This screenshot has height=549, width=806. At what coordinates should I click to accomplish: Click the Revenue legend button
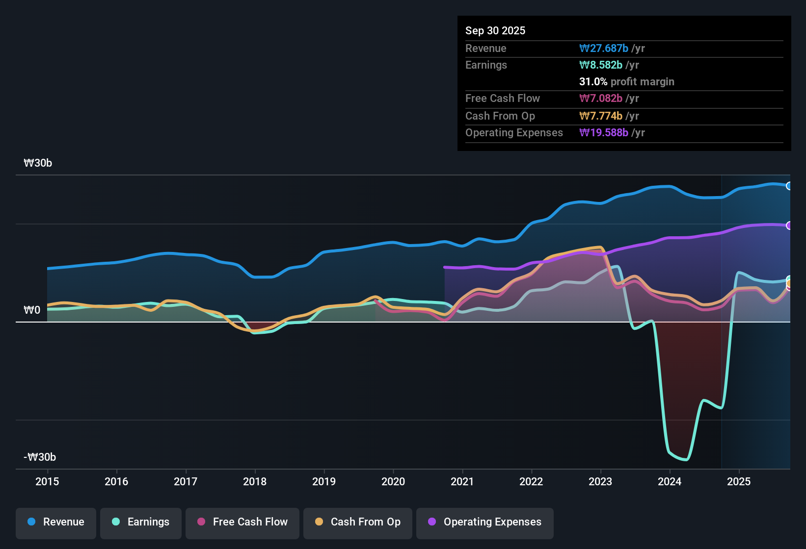56,522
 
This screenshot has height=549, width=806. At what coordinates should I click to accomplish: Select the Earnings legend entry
141,522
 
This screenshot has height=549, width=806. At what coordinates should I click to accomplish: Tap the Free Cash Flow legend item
242,522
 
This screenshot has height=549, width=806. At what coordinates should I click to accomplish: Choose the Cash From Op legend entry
358,522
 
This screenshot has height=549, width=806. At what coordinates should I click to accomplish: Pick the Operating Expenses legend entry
485,522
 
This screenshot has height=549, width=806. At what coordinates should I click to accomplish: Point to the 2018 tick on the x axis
255,481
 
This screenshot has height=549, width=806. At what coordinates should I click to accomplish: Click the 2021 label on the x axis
462,481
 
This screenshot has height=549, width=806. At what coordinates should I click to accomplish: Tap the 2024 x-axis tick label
670,481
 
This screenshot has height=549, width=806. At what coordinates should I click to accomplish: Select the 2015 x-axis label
47,481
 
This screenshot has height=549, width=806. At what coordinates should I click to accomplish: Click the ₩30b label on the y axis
38,163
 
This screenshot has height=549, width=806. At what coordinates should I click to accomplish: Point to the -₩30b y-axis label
40,457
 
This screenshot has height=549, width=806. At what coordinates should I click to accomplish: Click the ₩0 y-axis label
32,310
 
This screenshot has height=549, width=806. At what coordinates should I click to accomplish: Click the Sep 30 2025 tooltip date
495,30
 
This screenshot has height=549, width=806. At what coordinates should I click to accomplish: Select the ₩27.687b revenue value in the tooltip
604,48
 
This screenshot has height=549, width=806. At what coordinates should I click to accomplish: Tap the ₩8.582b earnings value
601,65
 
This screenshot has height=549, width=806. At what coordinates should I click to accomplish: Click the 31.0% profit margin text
626,81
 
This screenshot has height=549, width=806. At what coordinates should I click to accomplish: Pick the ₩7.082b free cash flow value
601,98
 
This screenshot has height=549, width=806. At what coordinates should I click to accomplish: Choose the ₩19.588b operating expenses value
604,132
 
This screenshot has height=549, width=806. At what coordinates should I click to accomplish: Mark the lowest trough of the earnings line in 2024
685,460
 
